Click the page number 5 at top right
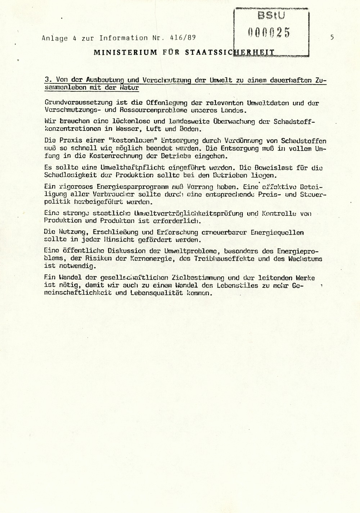click(x=332, y=37)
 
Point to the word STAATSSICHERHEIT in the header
click(x=230, y=52)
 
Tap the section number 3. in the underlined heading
click(x=46, y=81)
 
